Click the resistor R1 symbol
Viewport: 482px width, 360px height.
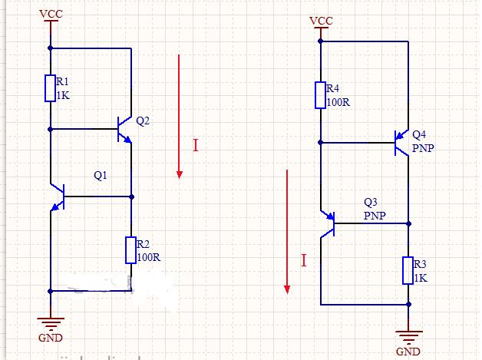click(x=50, y=88)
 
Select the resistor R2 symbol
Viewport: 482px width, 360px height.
click(x=131, y=250)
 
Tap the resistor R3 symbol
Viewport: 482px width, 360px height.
click(x=408, y=270)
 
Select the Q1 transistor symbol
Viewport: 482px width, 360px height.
click(x=57, y=197)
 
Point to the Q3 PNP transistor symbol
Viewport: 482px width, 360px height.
click(x=328, y=223)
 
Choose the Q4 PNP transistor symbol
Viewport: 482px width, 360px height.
click(x=401, y=142)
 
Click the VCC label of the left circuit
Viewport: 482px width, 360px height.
click(x=51, y=14)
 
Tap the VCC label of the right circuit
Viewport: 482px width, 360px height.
click(x=321, y=20)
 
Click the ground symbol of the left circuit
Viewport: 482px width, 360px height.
click(x=51, y=322)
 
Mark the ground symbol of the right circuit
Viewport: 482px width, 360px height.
click(x=408, y=336)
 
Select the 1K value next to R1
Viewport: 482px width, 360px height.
click(x=62, y=96)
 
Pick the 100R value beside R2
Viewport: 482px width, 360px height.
click(x=148, y=257)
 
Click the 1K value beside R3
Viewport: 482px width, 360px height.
click(x=420, y=278)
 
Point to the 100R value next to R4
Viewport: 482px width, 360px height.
click(x=338, y=101)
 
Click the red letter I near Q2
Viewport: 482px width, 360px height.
click(x=195, y=145)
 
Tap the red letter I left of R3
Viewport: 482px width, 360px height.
click(x=303, y=261)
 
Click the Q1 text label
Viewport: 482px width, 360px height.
click(x=101, y=176)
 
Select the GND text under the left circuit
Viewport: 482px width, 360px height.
click(x=50, y=338)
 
